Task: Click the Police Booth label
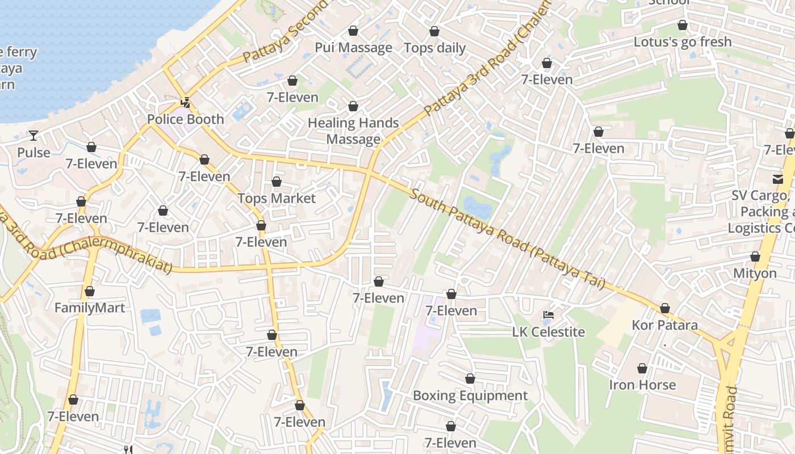pyautogui.click(x=185, y=120)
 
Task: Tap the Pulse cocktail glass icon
pyautogui.click(x=34, y=135)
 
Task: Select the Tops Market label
pyautogui.click(x=276, y=198)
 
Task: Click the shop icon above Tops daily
pyautogui.click(x=434, y=31)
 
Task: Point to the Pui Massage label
pyautogui.click(x=353, y=48)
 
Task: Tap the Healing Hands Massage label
pyautogui.click(x=353, y=131)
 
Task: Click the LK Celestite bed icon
pyautogui.click(x=548, y=315)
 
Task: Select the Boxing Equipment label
pyautogui.click(x=470, y=396)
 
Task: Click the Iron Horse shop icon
pyautogui.click(x=642, y=368)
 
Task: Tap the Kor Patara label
pyautogui.click(x=664, y=325)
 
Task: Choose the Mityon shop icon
pyautogui.click(x=755, y=257)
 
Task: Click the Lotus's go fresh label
pyautogui.click(x=682, y=42)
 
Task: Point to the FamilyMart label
pyautogui.click(x=89, y=308)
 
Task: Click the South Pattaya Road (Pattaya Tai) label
pyautogui.click(x=507, y=239)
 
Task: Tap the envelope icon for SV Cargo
pyautogui.click(x=777, y=179)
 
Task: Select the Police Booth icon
pyautogui.click(x=185, y=103)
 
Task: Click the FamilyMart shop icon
pyautogui.click(x=89, y=292)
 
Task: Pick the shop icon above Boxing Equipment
pyautogui.click(x=470, y=379)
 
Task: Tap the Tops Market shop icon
pyautogui.click(x=276, y=182)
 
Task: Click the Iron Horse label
pyautogui.click(x=642, y=385)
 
